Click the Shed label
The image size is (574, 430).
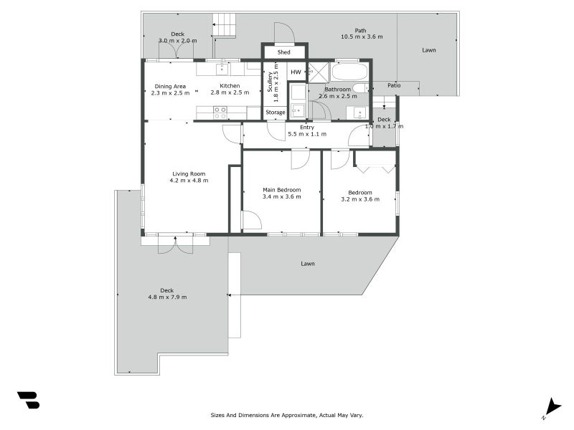284,52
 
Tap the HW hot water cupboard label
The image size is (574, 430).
296,72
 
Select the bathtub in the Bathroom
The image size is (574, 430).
349,72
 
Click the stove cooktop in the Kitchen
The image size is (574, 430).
220,113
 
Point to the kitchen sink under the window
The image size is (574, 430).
223,69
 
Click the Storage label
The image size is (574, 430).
276,113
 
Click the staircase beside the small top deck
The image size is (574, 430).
224,25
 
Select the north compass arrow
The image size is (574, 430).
551,406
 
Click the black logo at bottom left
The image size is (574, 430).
28,400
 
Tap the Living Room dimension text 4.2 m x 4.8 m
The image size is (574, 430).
189,181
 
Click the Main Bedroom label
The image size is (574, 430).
281,190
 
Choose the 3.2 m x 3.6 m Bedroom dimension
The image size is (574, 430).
360,199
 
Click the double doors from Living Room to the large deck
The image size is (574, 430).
176,244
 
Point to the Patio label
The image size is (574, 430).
394,85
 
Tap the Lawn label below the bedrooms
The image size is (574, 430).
308,264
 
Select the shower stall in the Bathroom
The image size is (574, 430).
318,72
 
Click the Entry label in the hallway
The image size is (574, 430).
307,128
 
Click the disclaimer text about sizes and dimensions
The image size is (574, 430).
287,415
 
